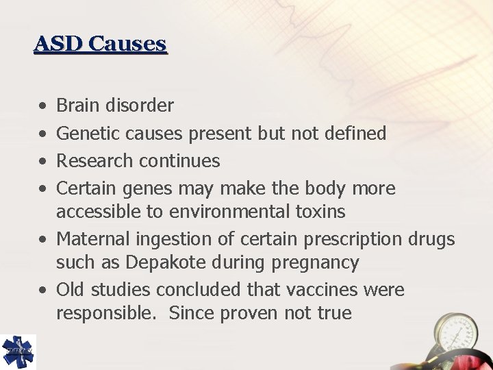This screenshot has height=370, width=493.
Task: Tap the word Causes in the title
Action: [x=127, y=44]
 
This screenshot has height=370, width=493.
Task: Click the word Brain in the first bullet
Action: [x=76, y=106]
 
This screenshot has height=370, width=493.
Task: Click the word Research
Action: [x=94, y=161]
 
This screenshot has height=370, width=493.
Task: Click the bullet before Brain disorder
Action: [x=42, y=106]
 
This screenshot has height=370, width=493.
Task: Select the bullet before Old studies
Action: [x=42, y=291]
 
